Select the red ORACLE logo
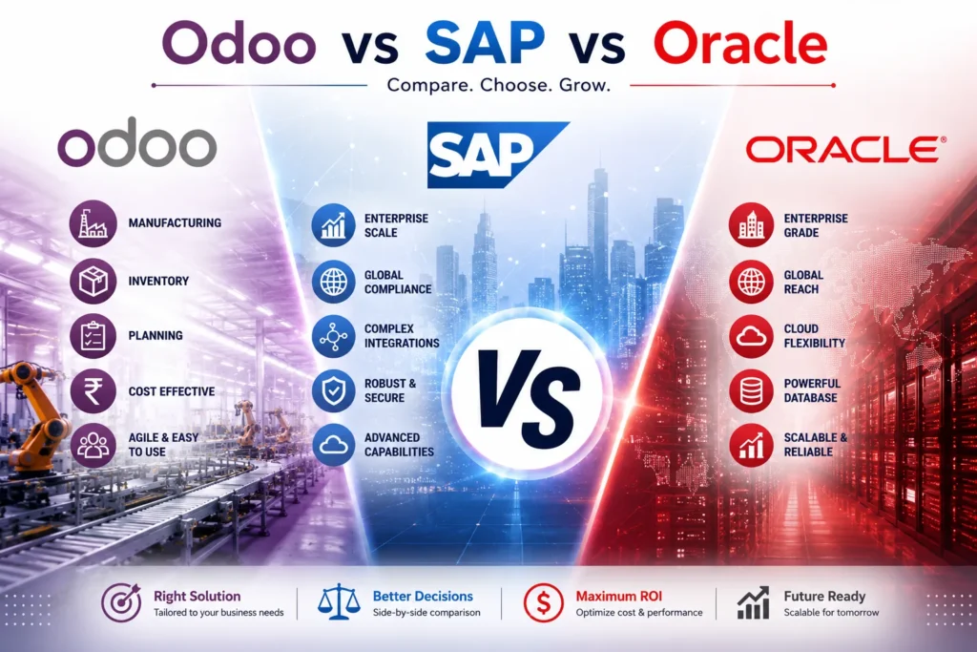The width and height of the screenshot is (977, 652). tap(845, 150)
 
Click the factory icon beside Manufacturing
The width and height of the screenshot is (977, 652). tap(93, 223)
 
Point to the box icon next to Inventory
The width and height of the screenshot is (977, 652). tap(93, 281)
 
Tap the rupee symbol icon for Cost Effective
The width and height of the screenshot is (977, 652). tap(93, 391)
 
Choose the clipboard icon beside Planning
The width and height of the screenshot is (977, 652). tap(93, 336)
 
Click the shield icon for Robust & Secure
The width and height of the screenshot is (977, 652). tap(333, 390)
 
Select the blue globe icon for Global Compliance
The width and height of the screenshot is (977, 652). tap(333, 282)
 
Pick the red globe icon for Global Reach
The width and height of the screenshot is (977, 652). tap(751, 282)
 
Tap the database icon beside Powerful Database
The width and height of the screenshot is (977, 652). tap(751, 390)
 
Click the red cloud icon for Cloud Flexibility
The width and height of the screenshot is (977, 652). tap(751, 337)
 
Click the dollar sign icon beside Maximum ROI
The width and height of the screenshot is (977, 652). tap(543, 602)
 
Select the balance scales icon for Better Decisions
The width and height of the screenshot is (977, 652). tap(339, 602)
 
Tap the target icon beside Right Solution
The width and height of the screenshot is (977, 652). tap(122, 602)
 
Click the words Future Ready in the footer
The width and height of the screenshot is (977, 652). tap(824, 597)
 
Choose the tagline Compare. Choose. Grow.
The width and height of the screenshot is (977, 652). tap(498, 85)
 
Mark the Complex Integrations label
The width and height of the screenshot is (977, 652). tap(402, 336)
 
